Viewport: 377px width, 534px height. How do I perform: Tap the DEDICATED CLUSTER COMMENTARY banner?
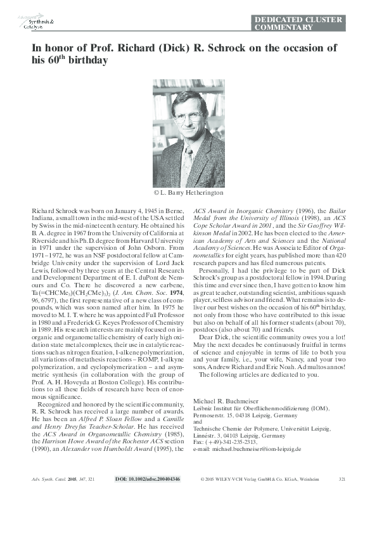pos(298,23)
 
